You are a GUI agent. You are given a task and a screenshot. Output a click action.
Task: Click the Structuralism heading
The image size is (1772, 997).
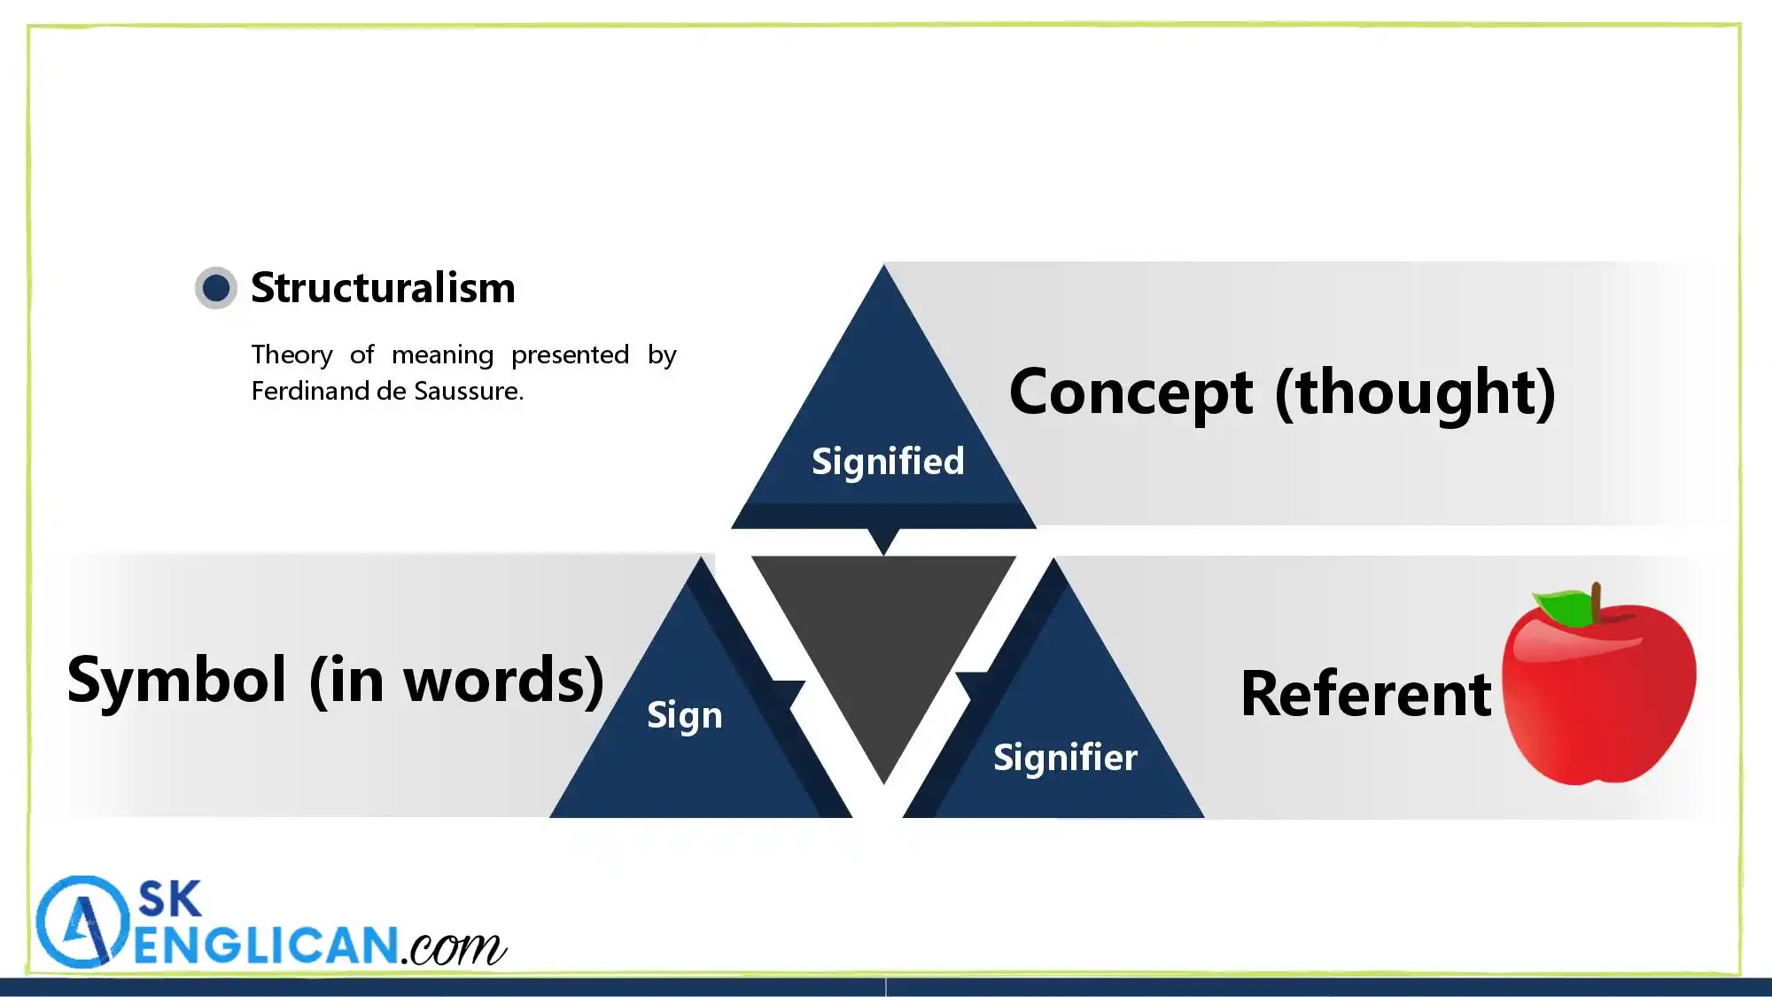pos(383,288)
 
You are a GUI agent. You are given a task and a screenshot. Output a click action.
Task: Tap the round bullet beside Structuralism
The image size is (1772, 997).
pos(216,288)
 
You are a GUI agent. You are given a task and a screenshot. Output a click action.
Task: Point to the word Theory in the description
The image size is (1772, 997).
pos(291,354)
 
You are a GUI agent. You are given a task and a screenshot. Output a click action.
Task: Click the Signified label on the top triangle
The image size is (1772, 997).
pos(888,462)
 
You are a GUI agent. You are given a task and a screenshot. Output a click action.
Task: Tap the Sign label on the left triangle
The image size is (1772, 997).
pos(685,715)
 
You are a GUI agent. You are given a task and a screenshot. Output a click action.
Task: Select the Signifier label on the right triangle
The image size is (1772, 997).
pos(1065,758)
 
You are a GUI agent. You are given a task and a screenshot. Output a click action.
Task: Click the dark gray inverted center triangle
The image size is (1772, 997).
pos(883,638)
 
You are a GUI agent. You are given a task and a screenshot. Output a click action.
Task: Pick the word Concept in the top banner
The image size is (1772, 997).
pos(1131,392)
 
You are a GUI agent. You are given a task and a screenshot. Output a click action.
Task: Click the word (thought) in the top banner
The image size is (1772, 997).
pos(1415,392)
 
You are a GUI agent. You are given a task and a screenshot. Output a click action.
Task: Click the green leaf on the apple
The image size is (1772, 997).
pos(1565,607)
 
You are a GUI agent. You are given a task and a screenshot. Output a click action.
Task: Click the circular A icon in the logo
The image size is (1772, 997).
pos(82,922)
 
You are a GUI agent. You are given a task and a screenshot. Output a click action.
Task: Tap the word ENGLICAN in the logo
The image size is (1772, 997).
pos(266,946)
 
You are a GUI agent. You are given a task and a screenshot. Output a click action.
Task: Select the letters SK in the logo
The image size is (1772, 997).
pos(170,899)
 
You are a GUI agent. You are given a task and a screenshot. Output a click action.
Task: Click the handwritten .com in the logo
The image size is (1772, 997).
pos(454,948)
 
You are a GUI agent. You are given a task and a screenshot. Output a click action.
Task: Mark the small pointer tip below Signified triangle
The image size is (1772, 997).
pos(883,541)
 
